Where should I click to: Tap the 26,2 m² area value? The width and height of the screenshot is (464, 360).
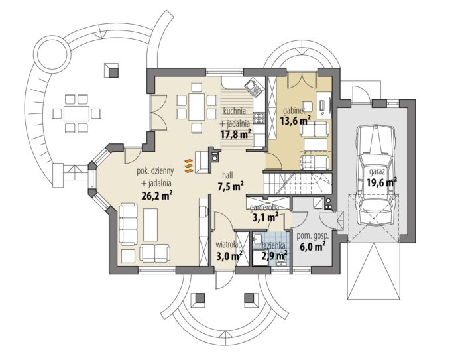pos(157,196)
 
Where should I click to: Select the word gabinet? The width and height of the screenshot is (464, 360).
pos(294,111)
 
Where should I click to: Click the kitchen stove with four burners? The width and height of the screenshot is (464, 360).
pos(259,118)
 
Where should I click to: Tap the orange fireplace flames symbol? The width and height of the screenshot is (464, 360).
pos(188,166)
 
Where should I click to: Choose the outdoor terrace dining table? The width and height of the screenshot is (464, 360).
pos(76,113)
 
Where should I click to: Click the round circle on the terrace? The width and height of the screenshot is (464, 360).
pos(52,54)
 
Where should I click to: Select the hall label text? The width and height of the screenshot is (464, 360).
pos(228,176)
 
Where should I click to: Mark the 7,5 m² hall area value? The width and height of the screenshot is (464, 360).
pos(230,186)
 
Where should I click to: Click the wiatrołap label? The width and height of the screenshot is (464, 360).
pos(229,245)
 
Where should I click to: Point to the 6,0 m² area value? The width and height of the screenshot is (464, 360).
pos(313,247)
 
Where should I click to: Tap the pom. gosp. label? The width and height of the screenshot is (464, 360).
pos(312,236)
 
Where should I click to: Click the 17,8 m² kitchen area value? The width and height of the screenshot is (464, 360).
pos(236,134)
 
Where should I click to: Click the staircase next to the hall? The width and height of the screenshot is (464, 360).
pos(297,183)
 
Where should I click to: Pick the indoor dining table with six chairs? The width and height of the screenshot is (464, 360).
pos(196,107)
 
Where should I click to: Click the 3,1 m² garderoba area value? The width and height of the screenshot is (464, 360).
pos(265,217)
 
